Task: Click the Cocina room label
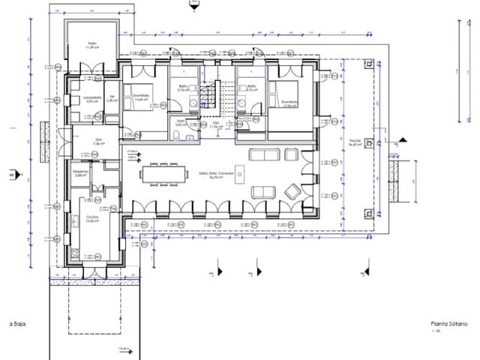click(91, 220)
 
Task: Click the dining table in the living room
click(164, 173)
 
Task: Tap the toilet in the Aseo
click(175, 135)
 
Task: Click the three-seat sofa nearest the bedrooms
click(263, 155)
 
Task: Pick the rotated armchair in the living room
click(291, 192)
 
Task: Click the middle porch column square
click(368, 147)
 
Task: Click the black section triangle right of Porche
click(401, 139)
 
